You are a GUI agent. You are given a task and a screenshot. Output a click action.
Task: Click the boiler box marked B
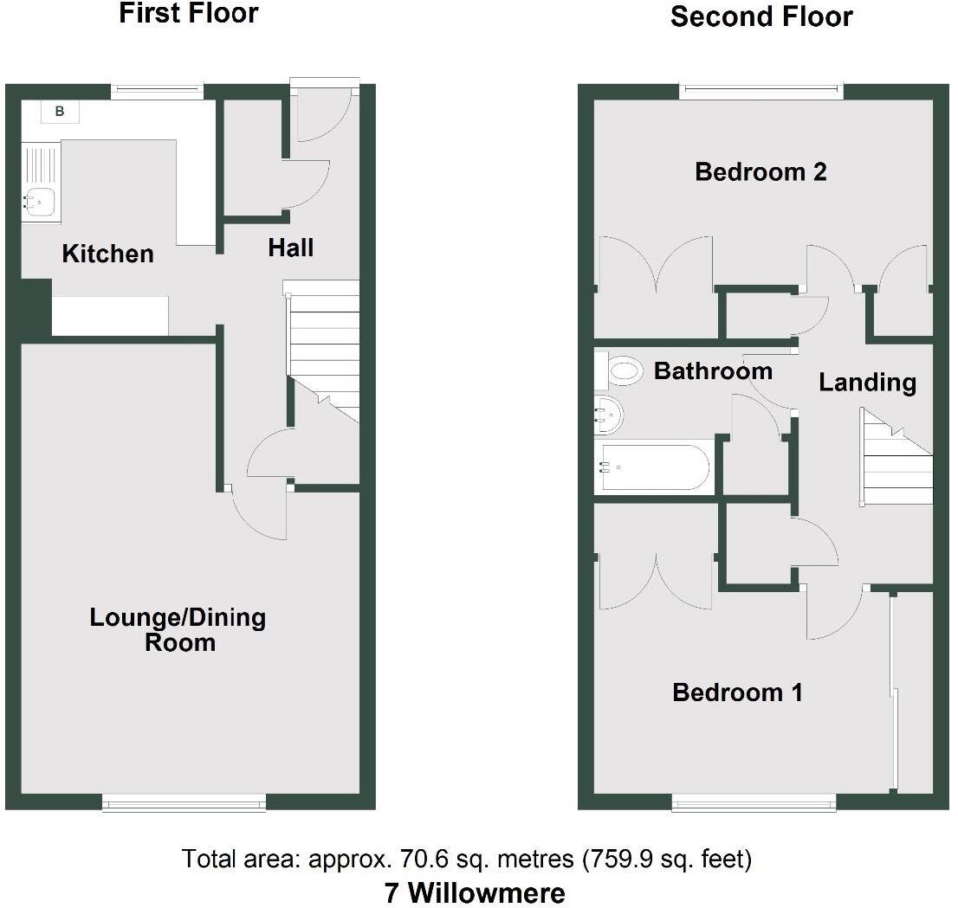(60, 111)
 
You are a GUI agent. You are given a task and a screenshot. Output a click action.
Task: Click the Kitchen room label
(108, 254)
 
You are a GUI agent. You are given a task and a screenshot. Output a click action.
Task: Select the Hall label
(290, 248)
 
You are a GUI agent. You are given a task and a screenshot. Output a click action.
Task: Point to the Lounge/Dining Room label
(178, 629)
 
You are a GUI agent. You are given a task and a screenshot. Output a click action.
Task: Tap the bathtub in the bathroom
(653, 467)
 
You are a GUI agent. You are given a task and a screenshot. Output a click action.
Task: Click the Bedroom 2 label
(761, 172)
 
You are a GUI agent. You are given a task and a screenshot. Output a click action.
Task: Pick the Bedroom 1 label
(737, 692)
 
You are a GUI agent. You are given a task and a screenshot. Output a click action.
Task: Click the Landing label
(867, 382)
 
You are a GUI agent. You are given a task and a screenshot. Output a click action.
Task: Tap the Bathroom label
(713, 371)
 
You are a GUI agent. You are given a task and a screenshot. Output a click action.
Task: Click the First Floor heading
(188, 14)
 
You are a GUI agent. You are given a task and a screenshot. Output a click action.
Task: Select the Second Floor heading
(761, 16)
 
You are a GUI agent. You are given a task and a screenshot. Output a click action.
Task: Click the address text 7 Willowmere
(475, 892)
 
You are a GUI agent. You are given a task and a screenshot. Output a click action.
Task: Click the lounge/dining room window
(184, 804)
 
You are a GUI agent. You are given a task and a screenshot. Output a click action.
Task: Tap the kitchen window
(158, 87)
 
